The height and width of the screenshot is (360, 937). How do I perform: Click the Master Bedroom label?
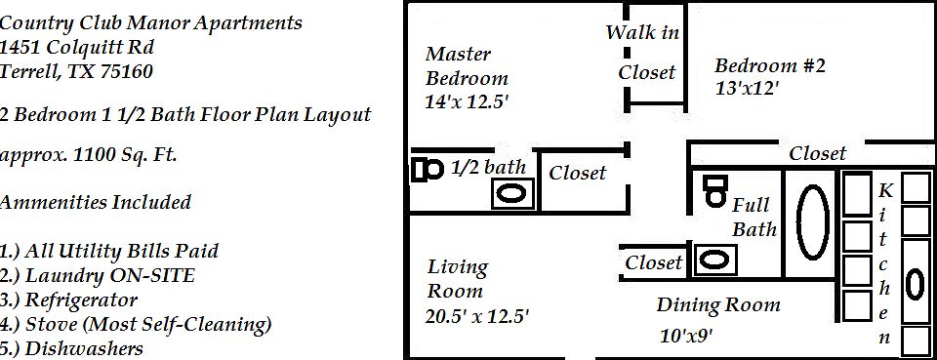467,66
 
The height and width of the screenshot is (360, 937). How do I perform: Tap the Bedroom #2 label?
770,66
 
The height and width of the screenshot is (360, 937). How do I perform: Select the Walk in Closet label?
643,52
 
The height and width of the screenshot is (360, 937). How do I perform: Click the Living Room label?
457,278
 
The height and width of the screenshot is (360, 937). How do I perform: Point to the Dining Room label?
717,305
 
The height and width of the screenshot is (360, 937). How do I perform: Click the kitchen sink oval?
915,283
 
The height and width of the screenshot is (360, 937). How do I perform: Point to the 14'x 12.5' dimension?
468,100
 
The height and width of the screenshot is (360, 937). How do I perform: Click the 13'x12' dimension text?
747,88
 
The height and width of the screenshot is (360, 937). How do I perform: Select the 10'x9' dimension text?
686,337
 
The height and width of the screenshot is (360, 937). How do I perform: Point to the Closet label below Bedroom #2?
817,153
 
